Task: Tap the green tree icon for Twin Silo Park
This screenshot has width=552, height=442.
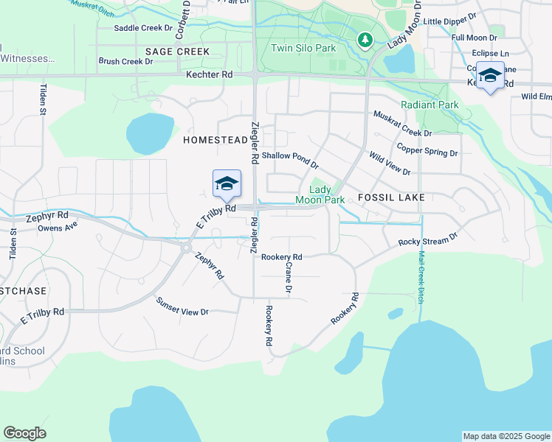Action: (x=363, y=40)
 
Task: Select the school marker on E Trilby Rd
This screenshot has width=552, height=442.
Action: (x=227, y=184)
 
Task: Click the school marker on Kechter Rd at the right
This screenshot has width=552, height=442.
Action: (x=490, y=76)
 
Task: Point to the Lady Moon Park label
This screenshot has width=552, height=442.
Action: (x=320, y=194)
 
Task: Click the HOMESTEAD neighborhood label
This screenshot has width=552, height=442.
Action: (x=215, y=140)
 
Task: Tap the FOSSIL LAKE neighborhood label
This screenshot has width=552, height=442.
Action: (x=389, y=198)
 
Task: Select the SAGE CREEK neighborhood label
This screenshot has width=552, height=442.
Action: (x=177, y=52)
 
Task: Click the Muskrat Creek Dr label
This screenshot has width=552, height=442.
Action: (x=402, y=123)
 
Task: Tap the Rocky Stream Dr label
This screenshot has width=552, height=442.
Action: (x=428, y=240)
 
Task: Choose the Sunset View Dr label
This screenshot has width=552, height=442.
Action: (x=182, y=306)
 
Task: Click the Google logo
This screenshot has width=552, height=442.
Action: (x=24, y=433)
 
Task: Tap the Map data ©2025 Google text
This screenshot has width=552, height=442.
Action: (x=506, y=436)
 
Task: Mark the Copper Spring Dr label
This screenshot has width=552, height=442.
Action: (x=427, y=150)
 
